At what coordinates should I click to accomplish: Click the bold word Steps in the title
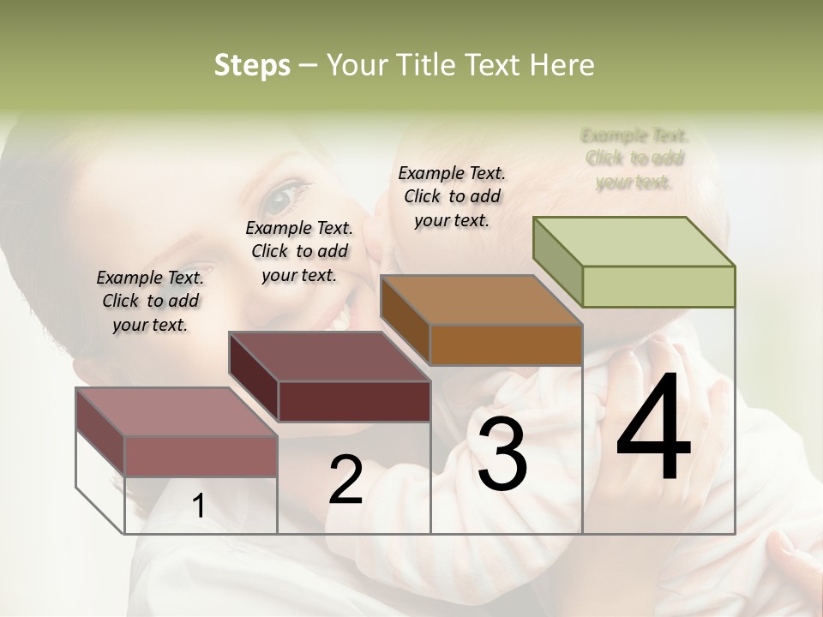coord(252,65)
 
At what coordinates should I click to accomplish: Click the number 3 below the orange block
coord(502,455)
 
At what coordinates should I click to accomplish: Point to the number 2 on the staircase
coord(345,480)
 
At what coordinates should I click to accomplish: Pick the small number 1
coord(199,506)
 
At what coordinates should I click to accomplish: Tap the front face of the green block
coord(658,286)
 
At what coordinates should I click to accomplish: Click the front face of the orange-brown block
coord(506,344)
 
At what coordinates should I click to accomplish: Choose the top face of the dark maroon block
coord(329,356)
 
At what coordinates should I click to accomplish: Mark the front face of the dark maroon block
coord(354,401)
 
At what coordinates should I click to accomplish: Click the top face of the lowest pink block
coord(177,412)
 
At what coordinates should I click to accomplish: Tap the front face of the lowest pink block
coord(201,456)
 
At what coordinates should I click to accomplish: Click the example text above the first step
coord(150,301)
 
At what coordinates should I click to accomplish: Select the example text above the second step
coord(299,251)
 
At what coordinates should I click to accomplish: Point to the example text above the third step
coord(452,196)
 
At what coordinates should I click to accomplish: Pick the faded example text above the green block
coord(634,159)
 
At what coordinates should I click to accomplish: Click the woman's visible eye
coord(280,200)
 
